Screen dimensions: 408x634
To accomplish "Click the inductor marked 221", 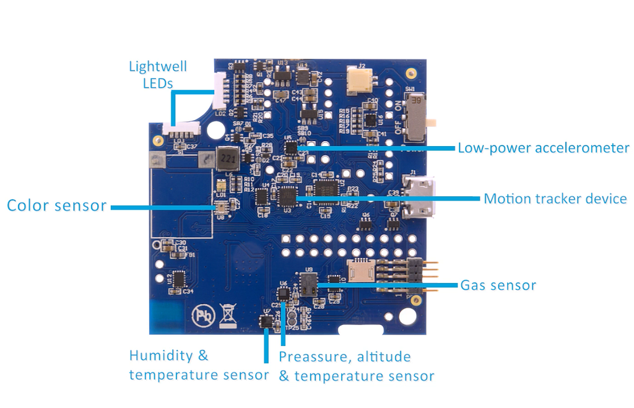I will tap(227, 159).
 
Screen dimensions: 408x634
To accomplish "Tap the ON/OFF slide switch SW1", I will tap(417, 117).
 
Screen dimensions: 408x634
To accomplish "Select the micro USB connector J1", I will tap(419, 196).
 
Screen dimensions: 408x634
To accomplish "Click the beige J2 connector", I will tap(360, 80).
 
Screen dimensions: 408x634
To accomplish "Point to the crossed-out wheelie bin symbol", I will tap(228, 315).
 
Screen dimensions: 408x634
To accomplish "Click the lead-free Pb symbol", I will tap(202, 315).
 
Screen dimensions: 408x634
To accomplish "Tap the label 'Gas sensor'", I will tap(498, 285).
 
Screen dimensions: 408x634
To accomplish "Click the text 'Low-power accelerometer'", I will tap(543, 148).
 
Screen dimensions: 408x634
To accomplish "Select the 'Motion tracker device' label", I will tap(555, 199).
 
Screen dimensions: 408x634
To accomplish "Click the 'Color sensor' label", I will tap(56, 206).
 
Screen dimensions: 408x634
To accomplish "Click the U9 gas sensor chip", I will tap(308, 284).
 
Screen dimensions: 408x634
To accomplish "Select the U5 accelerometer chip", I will tap(291, 147).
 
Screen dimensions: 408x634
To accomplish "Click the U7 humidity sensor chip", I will tap(266, 321).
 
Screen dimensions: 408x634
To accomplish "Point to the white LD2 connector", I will tap(220, 90).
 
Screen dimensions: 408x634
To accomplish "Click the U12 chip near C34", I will tap(179, 280).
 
